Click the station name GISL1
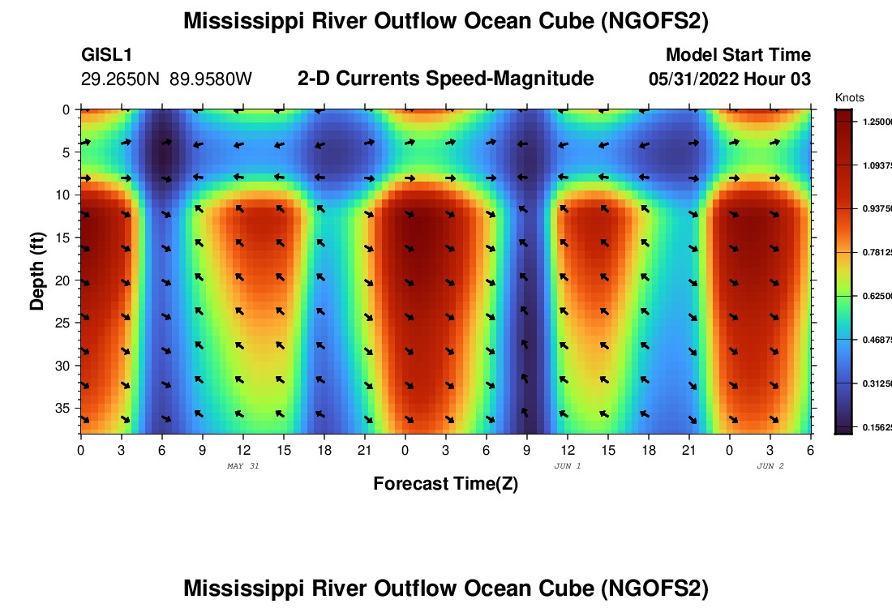107,55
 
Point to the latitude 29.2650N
122,79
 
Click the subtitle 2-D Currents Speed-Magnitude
446,79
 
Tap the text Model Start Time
738,55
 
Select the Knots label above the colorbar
849,98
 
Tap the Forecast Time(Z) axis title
445,484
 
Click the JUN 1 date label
568,466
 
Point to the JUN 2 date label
770,466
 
